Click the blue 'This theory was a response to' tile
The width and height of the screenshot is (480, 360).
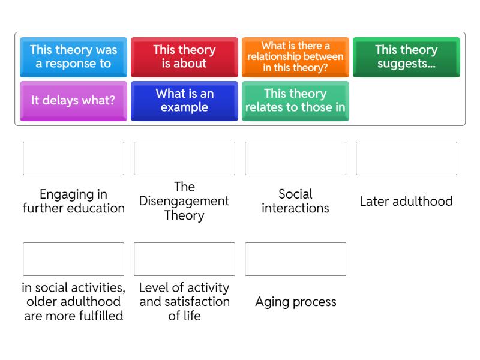pos(73,56)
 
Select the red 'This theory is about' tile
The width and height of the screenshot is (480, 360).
pos(184,56)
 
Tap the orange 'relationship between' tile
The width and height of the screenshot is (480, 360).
pos(295,56)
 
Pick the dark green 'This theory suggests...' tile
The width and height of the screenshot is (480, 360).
pos(406,56)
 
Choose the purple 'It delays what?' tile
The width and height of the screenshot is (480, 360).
pos(73,100)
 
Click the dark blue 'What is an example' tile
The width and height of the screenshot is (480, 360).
pos(184,100)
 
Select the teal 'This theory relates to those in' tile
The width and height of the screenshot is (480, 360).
pos(295,100)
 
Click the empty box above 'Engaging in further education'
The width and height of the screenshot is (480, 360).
pos(73,158)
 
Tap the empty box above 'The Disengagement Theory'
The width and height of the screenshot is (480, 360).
pos(184,158)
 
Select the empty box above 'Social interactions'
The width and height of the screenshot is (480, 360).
pos(295,158)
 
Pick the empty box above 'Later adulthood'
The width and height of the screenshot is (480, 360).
pos(406,158)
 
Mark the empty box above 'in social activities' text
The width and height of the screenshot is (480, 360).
pos(73,259)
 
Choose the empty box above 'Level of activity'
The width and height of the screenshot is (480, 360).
pos(184,259)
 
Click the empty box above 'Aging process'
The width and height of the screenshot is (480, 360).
pos(295,259)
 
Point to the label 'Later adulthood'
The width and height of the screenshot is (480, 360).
pos(406,202)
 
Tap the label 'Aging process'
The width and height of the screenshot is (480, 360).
pos(295,302)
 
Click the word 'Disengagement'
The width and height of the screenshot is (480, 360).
pos(184,201)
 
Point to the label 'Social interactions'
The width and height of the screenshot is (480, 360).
pos(295,201)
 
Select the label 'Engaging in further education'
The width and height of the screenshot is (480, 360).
pos(73,201)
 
